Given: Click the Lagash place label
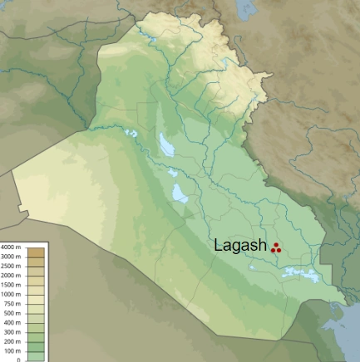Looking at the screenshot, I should coord(240,246).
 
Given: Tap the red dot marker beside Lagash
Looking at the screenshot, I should coord(276,247).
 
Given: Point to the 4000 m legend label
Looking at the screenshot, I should coord(12,247).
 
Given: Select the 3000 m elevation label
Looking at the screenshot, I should coord(12,257).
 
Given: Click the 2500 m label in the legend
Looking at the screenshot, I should coord(12,266).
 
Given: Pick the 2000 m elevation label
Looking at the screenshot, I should coord(12,275).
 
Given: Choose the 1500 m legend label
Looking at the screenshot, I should coord(12,285).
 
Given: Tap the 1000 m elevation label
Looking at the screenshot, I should coord(12,294).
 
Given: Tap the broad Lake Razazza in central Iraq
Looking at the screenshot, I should coord(179,193).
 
